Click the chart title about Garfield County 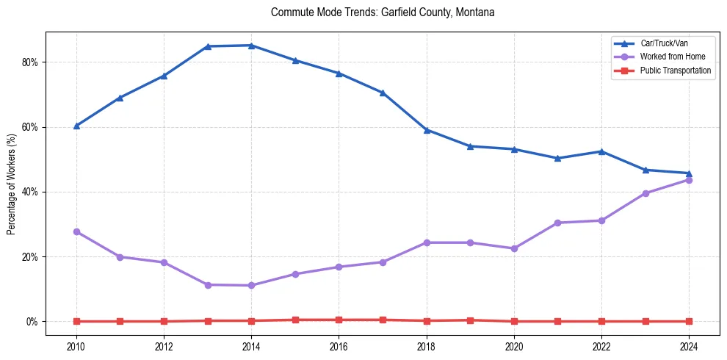click(x=383, y=12)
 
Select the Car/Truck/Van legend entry click(x=663, y=43)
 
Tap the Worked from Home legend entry click(x=670, y=57)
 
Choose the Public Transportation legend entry click(x=675, y=71)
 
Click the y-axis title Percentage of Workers click(x=12, y=184)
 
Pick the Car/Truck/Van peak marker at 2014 click(x=251, y=46)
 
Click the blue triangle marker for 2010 click(x=76, y=126)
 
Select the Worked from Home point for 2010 click(x=76, y=231)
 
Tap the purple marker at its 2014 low click(x=251, y=285)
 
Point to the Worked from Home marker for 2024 click(x=689, y=180)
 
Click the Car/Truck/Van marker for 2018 click(x=427, y=130)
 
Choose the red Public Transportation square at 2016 click(x=339, y=320)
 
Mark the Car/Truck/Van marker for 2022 click(x=601, y=151)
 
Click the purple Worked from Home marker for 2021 click(x=557, y=223)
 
